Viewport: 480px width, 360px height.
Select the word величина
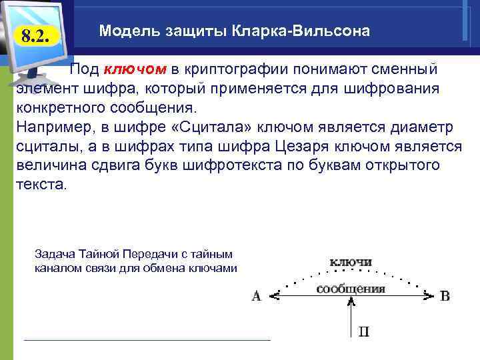[49, 165]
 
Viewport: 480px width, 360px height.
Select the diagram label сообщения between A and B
[351, 289]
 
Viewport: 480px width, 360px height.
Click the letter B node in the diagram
[445, 295]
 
